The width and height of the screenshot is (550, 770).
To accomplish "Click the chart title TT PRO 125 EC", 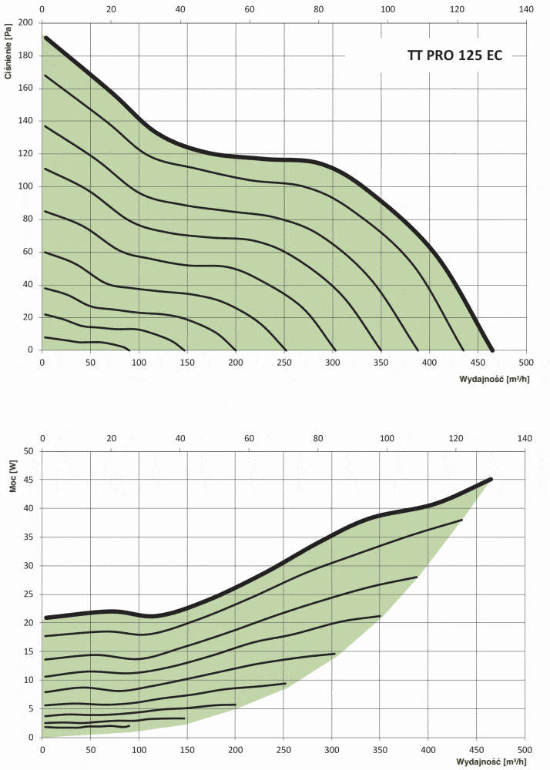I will click(x=454, y=56).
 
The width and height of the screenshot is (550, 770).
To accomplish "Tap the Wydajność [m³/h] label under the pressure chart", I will click(x=492, y=380).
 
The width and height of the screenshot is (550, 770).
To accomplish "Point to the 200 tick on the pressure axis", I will click(x=26, y=23).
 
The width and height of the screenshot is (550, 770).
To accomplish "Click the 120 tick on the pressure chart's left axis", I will click(x=26, y=154).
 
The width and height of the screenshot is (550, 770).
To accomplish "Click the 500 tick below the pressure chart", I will click(x=526, y=362).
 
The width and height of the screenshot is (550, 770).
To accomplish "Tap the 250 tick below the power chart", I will click(x=284, y=748).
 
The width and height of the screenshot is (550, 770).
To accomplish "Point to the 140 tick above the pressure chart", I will click(x=526, y=10).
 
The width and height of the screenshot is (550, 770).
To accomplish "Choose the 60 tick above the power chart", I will click(x=250, y=439).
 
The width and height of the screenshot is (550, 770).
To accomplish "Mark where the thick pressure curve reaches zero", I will click(x=493, y=350).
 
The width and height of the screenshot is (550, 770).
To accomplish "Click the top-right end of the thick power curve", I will click(x=491, y=479).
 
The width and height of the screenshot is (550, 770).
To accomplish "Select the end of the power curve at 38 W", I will click(x=461, y=521).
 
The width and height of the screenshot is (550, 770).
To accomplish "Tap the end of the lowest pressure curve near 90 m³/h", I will click(x=129, y=349).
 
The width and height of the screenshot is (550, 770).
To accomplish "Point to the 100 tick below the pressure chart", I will click(x=139, y=362).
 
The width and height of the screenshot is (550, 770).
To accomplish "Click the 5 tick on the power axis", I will click(x=30, y=708).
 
